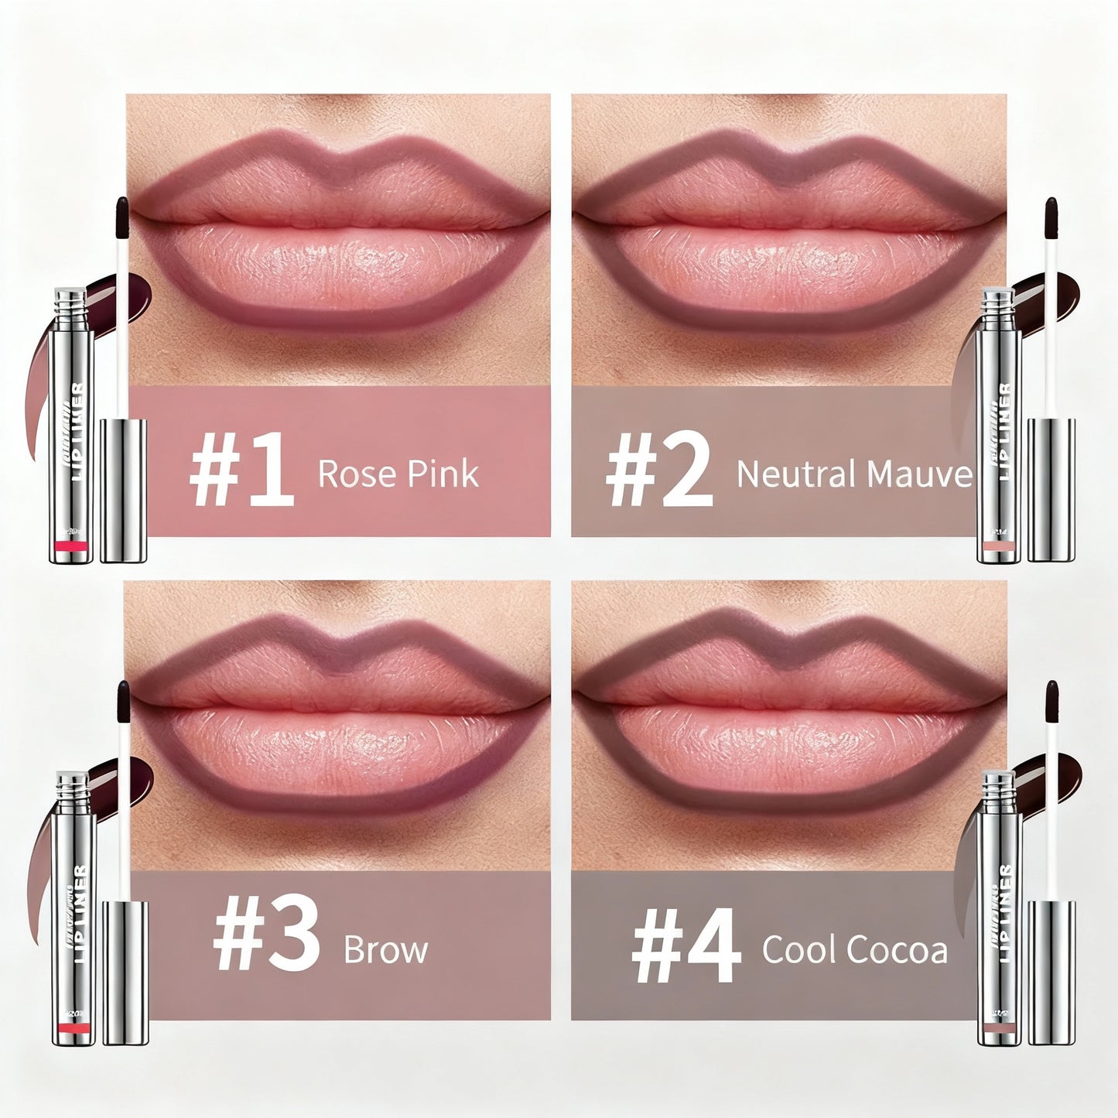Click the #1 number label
241,473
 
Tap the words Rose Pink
398,474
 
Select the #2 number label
658,473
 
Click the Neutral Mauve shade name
853,474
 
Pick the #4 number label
686,950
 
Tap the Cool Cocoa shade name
854,949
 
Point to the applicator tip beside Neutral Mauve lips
1050,213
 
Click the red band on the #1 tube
73,547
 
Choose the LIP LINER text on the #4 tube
1004,913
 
